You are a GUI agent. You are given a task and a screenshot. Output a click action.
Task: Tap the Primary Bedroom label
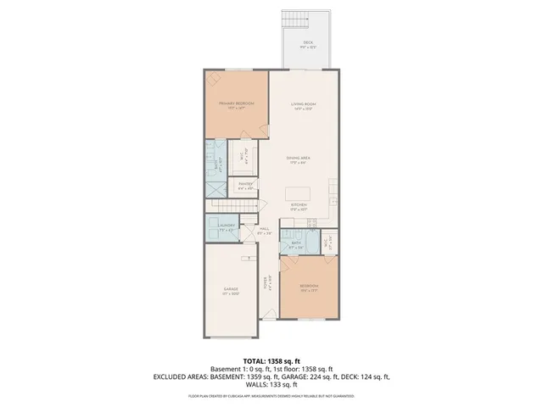(236, 104)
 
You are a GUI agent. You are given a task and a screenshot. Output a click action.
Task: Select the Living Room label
(303, 104)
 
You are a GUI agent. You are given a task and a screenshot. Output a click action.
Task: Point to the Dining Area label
(298, 159)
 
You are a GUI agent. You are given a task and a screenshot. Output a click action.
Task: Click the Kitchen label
(299, 205)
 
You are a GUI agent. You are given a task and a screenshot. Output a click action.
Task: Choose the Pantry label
(245, 185)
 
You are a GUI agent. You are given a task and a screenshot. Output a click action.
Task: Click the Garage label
(231, 290)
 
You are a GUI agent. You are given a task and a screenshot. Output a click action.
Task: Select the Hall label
(264, 229)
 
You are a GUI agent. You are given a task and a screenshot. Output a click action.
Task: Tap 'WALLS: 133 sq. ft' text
(271, 385)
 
